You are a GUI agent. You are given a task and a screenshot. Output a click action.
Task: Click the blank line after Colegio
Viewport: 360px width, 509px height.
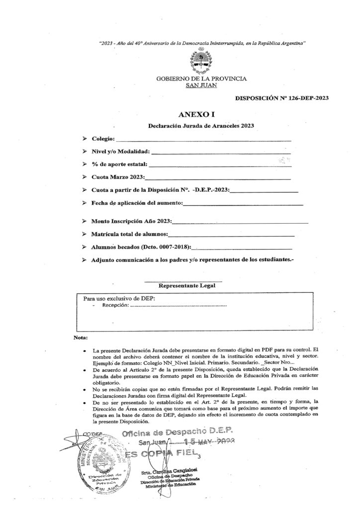point(204,140)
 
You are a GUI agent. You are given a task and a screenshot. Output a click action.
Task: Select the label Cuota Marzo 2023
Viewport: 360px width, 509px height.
point(118,177)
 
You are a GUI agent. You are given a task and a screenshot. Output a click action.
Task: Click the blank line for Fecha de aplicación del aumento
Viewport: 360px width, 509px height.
point(244,203)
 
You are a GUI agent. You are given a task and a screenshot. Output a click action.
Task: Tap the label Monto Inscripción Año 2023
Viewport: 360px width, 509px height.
point(131,221)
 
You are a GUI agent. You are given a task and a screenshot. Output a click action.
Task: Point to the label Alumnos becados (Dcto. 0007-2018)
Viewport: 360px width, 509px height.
point(141,247)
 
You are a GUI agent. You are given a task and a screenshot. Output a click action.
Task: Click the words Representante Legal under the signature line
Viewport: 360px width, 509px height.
point(187,286)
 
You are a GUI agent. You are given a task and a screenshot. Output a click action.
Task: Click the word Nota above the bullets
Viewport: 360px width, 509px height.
point(80,338)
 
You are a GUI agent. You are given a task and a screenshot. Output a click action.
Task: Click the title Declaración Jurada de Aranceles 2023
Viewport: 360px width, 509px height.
point(201,126)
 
